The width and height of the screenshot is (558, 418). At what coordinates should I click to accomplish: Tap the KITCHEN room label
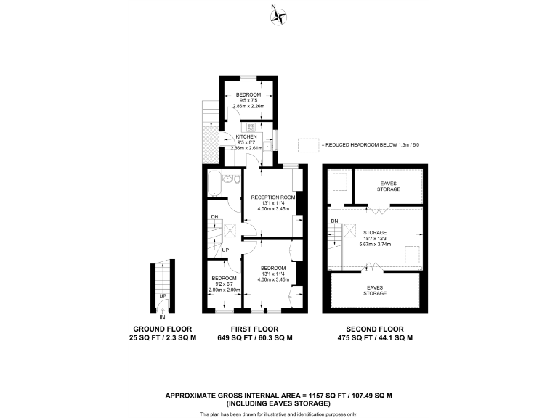click(x=245, y=136)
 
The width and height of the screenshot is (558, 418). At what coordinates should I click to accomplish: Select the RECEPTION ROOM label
click(x=273, y=197)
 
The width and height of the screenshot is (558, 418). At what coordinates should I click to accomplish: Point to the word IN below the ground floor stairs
click(x=163, y=317)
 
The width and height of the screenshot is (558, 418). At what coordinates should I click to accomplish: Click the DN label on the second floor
click(x=335, y=221)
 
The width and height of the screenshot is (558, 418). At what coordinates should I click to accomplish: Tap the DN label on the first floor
click(x=214, y=217)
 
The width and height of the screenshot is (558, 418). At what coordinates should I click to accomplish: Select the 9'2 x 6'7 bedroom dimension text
click(x=224, y=284)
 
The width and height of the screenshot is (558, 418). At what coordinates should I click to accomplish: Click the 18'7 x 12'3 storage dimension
click(x=375, y=239)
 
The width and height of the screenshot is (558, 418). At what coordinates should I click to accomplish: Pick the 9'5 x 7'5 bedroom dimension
click(x=248, y=101)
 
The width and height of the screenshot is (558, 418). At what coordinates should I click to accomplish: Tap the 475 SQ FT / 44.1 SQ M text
click(x=375, y=338)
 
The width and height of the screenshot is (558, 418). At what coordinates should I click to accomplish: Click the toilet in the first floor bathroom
click(x=228, y=179)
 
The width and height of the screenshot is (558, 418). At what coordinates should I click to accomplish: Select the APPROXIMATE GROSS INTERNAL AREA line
click(x=279, y=396)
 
